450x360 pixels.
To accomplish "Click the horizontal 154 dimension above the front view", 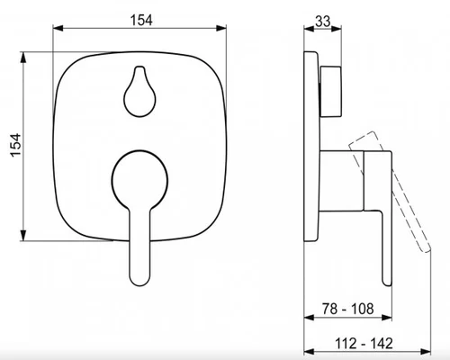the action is (x=141, y=21).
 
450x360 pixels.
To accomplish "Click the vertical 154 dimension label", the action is (x=16, y=145).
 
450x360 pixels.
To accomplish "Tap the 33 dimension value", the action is (x=323, y=22).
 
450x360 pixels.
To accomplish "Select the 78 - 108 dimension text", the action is (x=348, y=309).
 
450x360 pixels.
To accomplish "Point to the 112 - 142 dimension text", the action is (x=364, y=344).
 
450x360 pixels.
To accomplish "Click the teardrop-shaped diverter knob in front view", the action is (x=139, y=91).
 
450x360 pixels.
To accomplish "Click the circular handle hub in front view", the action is (x=139, y=181).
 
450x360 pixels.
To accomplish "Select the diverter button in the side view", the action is (x=330, y=92).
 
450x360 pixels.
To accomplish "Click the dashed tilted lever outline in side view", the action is (x=390, y=192).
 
